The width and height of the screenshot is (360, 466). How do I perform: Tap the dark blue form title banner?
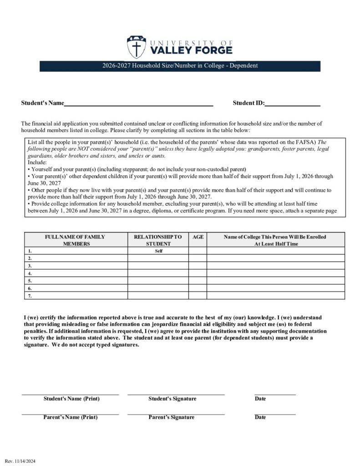[x=180, y=66]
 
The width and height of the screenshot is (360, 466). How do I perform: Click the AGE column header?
[x=198, y=237]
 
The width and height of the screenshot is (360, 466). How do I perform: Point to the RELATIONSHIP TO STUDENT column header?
[x=158, y=240]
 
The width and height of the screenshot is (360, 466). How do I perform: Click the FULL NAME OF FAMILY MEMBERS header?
[x=75, y=240]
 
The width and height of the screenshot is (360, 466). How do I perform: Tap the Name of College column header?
[x=275, y=240]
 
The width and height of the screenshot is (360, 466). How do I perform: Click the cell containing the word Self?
[x=158, y=251]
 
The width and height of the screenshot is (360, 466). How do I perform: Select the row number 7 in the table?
[x=30, y=296]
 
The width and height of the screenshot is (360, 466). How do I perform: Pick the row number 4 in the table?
[x=30, y=274]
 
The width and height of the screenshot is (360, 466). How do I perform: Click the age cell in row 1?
[x=198, y=251]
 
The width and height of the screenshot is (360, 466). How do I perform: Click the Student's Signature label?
[x=172, y=399]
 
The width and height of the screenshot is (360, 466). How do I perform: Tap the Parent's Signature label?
[x=171, y=417]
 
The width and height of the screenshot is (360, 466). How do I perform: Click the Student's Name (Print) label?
[x=71, y=399]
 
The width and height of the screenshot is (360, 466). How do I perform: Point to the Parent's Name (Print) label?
[x=70, y=417]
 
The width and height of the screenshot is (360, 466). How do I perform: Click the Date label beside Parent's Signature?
[x=260, y=417]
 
